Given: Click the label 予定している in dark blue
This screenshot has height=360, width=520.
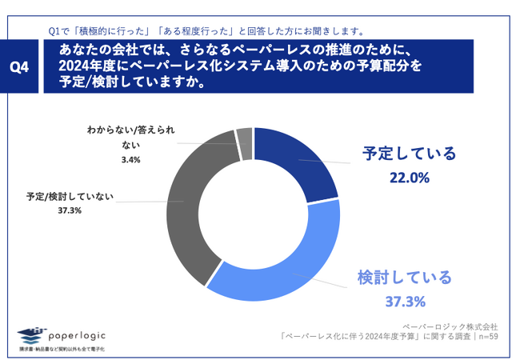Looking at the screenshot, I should pyautogui.click(x=408, y=154).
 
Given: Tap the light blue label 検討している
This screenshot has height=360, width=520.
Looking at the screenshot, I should pyautogui.click(x=404, y=278).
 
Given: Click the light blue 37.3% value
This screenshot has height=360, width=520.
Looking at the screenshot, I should pyautogui.click(x=403, y=302).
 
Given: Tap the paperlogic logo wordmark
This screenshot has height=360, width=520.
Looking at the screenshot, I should pyautogui.click(x=78, y=335).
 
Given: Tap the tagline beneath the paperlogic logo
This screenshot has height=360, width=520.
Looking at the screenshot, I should pyautogui.click(x=62, y=350).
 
